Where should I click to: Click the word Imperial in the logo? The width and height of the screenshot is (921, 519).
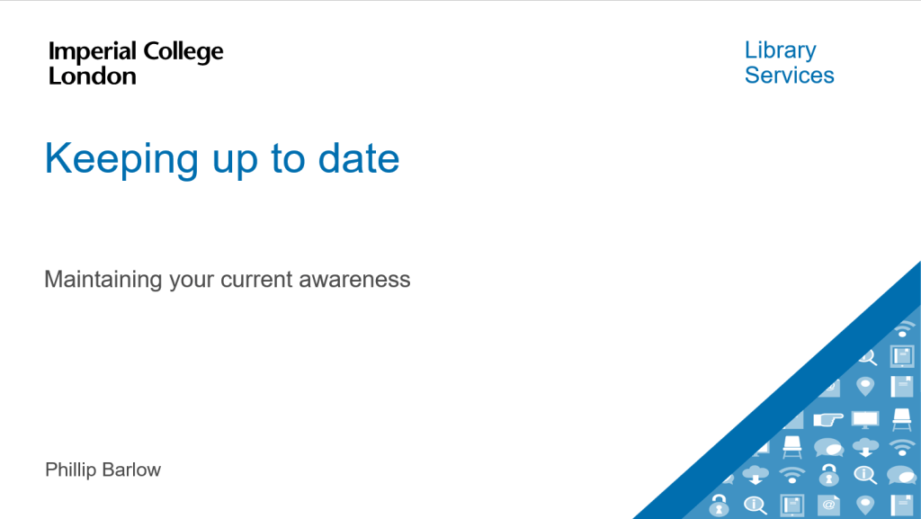[x=93, y=51]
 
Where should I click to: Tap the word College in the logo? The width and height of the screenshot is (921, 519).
[x=183, y=52]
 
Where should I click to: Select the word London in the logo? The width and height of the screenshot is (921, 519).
[x=93, y=76]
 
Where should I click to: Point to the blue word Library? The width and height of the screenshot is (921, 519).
[x=780, y=51]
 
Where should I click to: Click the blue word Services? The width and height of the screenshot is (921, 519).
[x=790, y=76]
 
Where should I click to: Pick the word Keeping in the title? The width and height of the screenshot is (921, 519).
[x=121, y=160]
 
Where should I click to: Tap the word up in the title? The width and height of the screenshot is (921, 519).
[x=235, y=163]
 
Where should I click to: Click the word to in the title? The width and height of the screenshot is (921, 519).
[x=288, y=159]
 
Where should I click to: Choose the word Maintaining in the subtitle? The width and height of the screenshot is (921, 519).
[x=103, y=280]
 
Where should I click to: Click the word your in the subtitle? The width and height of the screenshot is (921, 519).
[x=192, y=282]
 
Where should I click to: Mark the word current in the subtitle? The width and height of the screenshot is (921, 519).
[x=256, y=280]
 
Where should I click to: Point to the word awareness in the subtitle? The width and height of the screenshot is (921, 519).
[x=354, y=280]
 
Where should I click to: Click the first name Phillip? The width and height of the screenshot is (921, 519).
[x=70, y=470]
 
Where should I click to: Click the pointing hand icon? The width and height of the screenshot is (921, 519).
[x=828, y=419]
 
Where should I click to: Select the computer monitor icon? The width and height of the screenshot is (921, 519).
[x=865, y=419]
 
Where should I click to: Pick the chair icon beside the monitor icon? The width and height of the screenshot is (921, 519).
[x=901, y=419]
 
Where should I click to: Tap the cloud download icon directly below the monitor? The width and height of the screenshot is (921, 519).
[x=865, y=447]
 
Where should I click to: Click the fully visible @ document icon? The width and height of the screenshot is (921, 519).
[x=828, y=505]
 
